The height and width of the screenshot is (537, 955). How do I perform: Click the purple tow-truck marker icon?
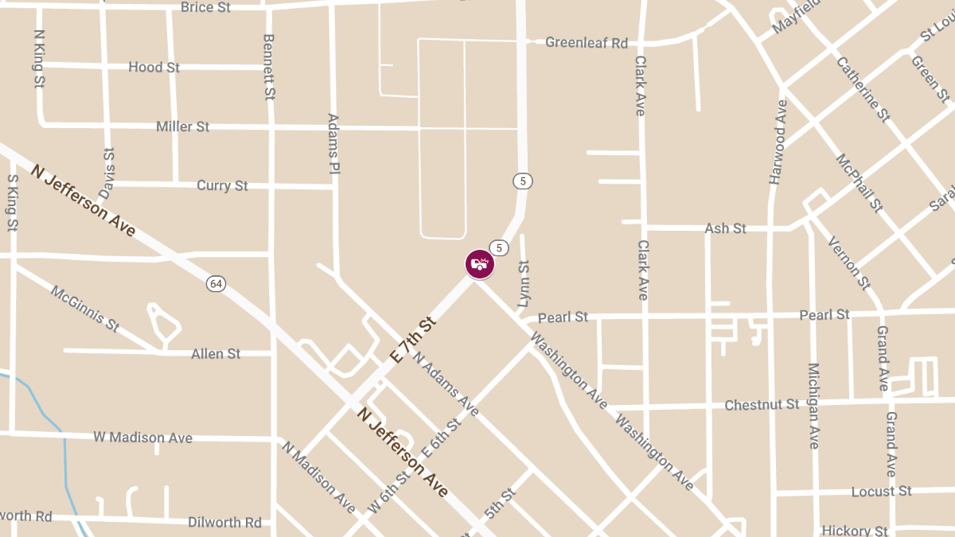[x=480, y=264]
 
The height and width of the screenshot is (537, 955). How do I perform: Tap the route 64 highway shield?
[x=216, y=283]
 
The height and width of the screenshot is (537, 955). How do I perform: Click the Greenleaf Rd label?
[x=587, y=42]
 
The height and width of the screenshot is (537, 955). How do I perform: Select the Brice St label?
[x=205, y=7]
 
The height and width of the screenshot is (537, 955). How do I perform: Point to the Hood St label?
[x=154, y=68]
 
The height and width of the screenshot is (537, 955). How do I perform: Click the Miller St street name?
[x=182, y=126]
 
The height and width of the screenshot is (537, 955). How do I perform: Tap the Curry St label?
[x=222, y=185]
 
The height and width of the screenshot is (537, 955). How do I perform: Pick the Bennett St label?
[x=269, y=67]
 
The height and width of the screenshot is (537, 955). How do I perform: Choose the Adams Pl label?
[x=334, y=144]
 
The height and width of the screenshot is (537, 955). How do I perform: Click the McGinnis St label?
[x=85, y=309]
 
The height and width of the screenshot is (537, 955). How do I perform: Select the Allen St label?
[x=216, y=353]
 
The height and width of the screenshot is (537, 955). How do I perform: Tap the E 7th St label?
[x=415, y=340]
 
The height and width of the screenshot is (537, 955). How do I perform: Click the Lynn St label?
[x=524, y=283]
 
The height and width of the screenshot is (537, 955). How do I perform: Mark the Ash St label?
[x=725, y=228]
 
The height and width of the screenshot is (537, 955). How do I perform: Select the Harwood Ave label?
[x=778, y=142]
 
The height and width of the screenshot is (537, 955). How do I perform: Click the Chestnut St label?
[x=762, y=405]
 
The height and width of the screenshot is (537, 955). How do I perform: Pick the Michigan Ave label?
[x=813, y=406]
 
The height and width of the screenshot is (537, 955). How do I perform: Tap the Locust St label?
[x=881, y=492]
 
